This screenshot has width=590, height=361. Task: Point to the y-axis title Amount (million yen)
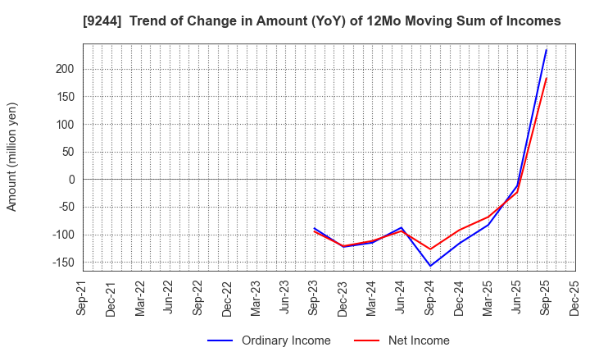12,157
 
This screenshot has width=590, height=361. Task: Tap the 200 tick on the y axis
66,70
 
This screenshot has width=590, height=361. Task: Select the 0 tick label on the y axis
72,180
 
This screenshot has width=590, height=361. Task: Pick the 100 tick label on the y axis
66,125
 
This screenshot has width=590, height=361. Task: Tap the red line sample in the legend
366,340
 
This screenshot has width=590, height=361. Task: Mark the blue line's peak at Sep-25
547,49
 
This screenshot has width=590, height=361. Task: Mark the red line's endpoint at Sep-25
547,78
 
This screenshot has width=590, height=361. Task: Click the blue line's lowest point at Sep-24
430,266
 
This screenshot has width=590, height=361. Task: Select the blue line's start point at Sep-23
315,228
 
